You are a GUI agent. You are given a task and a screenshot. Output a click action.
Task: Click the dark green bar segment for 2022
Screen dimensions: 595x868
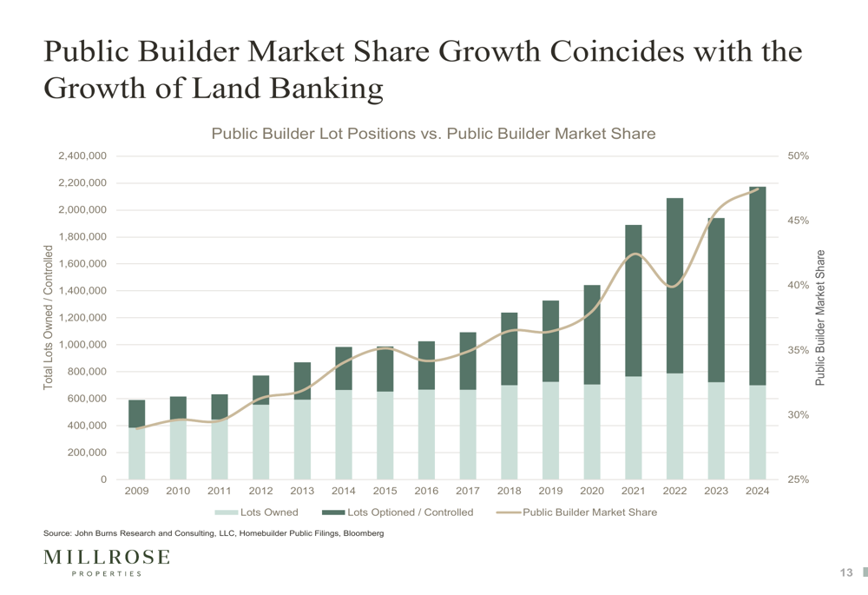tap(674, 286)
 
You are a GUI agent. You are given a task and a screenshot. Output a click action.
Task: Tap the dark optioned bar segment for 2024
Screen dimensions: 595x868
tap(757, 286)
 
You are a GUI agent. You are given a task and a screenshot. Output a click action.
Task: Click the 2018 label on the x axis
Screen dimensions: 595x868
tap(509, 491)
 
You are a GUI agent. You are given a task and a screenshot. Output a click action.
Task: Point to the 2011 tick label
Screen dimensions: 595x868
tap(219, 491)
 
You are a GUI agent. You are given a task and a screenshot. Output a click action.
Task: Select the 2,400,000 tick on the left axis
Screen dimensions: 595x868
tap(82, 156)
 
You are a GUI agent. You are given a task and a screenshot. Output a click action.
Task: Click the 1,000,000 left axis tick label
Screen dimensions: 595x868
tap(82, 345)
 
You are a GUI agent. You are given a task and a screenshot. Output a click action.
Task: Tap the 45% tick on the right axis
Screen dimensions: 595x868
tap(799, 221)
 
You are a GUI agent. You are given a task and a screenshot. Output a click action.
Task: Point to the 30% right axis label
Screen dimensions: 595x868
tap(799, 414)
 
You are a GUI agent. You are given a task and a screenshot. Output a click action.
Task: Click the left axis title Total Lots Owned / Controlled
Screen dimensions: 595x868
tap(49, 317)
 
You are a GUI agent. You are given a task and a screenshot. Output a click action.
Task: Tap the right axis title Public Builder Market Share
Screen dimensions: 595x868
tap(819, 317)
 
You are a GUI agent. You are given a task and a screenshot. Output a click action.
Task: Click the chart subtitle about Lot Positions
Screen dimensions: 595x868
tap(433, 134)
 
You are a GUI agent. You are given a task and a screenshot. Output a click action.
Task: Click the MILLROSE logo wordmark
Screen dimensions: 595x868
tap(107, 557)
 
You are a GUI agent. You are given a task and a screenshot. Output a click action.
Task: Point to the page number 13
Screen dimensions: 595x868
tap(846, 572)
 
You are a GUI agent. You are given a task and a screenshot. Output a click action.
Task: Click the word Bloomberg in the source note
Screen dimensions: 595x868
tap(360, 533)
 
